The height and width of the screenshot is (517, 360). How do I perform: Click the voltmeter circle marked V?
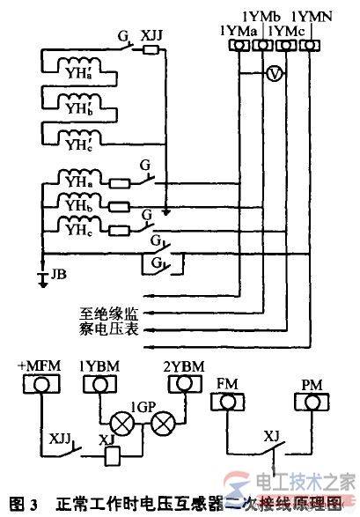coord(274,74)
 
